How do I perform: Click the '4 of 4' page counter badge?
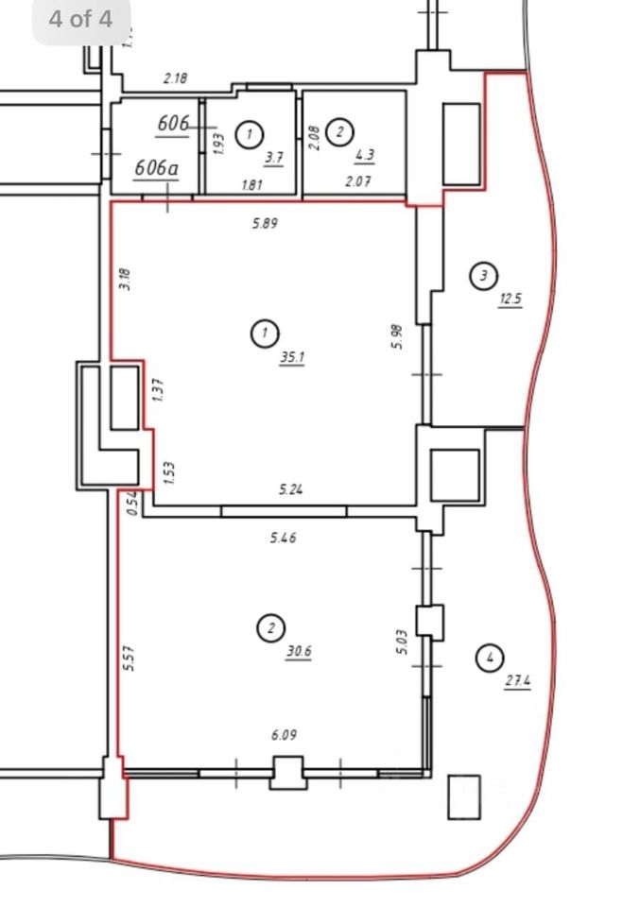pos(80,19)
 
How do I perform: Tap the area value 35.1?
pos(292,357)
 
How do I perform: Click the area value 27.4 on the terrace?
pos(517,680)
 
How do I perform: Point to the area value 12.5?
pos(511,299)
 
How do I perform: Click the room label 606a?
pos(157,167)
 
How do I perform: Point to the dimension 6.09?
pos(286,733)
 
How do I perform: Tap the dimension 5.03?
pos(402,643)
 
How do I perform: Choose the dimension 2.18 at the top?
pos(176,78)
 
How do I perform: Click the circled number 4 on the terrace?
pos(489,658)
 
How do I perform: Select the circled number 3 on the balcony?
pos(483,276)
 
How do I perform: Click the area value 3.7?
pos(274,158)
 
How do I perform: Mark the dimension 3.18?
pos(126,279)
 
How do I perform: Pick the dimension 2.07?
pos(358,182)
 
